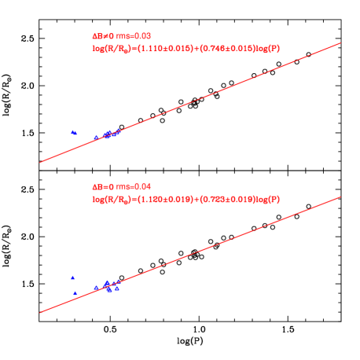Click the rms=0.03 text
134,35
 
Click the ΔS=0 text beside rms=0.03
103,35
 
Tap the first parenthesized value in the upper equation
164,48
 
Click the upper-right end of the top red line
340,43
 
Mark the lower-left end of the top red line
40,163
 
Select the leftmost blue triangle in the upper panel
72,132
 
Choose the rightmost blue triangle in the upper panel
118,132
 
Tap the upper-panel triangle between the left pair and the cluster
96,138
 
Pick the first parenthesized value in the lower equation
164,199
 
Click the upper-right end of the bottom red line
340,197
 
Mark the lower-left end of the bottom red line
40,312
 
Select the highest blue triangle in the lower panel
72,277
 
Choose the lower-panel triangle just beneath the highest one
75,292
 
